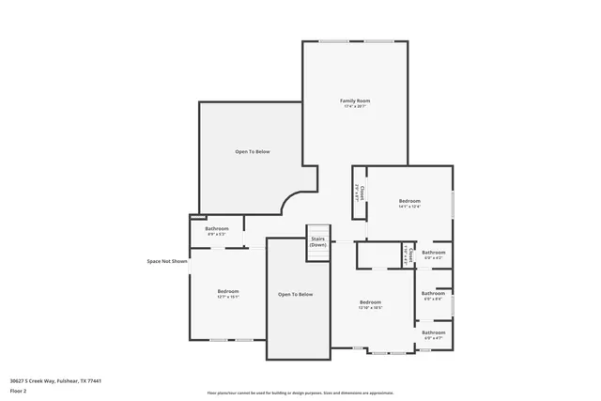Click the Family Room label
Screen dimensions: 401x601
tap(355, 100)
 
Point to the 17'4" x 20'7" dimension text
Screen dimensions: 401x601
tap(355, 106)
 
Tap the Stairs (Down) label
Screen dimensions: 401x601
tap(318, 242)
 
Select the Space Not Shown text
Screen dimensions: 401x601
tap(167, 262)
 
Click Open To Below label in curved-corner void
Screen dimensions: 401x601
tap(253, 151)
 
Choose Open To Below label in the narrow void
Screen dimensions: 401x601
tap(295, 295)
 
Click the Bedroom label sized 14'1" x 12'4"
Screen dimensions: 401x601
tap(409, 201)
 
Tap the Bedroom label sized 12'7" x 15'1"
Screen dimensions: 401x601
tap(228, 291)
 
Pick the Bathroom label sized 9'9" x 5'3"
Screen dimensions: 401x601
tap(217, 229)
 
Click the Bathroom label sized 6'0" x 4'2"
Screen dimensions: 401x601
tap(433, 252)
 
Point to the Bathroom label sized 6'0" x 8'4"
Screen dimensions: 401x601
tap(433, 295)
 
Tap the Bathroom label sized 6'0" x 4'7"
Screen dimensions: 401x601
tap(433, 332)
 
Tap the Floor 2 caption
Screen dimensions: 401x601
tap(19, 390)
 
